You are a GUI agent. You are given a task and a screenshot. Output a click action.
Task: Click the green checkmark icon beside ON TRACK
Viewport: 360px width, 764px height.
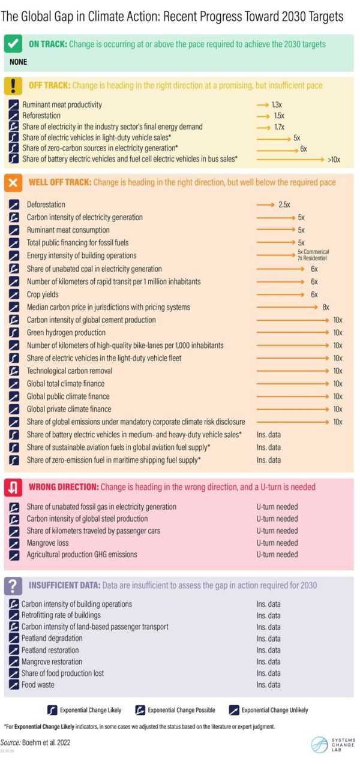coord(13,44)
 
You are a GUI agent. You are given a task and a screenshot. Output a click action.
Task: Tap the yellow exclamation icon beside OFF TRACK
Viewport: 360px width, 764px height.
coord(13,86)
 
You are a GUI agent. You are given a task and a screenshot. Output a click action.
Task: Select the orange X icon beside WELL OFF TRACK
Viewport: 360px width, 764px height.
coord(13,182)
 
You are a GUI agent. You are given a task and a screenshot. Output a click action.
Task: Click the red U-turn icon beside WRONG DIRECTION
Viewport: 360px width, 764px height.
coord(13,488)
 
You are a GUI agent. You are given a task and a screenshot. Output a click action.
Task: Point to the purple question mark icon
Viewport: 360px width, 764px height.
coord(13,585)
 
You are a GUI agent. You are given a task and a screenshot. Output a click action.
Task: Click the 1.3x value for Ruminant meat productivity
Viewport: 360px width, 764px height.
coord(276,105)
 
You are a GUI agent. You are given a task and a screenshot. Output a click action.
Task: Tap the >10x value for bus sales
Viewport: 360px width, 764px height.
coord(334,160)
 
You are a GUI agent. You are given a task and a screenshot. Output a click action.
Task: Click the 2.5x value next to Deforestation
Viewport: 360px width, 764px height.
coord(284,204)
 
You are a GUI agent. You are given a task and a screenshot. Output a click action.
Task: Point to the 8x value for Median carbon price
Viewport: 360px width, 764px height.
coord(326,307)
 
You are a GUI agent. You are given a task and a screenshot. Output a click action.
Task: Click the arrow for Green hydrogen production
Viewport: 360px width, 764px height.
coord(293,333)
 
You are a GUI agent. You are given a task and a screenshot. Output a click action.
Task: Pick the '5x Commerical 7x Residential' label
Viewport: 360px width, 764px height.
coord(313,255)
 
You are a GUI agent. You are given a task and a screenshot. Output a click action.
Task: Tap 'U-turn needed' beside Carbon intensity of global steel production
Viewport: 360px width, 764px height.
coord(277,519)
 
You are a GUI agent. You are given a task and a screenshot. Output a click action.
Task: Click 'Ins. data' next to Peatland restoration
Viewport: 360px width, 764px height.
coord(268,650)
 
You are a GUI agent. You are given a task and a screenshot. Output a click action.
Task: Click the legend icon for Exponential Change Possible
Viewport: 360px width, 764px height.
coord(140,710)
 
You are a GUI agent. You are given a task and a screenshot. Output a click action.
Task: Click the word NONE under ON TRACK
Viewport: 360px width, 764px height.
coord(18,62)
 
